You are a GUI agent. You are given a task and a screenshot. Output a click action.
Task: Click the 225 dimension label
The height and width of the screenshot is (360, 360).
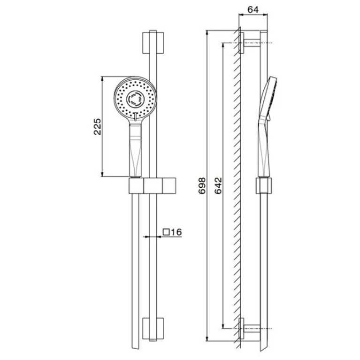click(x=97, y=127)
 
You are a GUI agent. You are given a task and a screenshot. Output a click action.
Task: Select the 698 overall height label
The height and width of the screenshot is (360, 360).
click(x=202, y=185)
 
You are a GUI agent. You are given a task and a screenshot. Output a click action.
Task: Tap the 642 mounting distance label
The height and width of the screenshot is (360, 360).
click(x=219, y=185)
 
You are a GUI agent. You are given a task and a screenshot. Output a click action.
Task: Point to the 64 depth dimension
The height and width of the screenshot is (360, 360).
click(x=253, y=10)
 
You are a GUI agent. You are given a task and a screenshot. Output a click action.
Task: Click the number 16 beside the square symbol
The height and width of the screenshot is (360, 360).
click(x=176, y=232)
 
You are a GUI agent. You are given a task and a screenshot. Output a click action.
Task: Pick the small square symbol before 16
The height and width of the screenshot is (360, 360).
click(x=166, y=232)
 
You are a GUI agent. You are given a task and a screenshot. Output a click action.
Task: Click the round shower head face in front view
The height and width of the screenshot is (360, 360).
click(x=135, y=99)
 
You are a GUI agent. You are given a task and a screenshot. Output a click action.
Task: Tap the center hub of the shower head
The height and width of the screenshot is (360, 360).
click(x=135, y=99)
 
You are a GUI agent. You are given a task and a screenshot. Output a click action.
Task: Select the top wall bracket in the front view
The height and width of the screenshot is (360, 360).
click(x=153, y=43)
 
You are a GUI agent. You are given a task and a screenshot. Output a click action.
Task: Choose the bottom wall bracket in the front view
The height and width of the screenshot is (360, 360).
click(x=153, y=329)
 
